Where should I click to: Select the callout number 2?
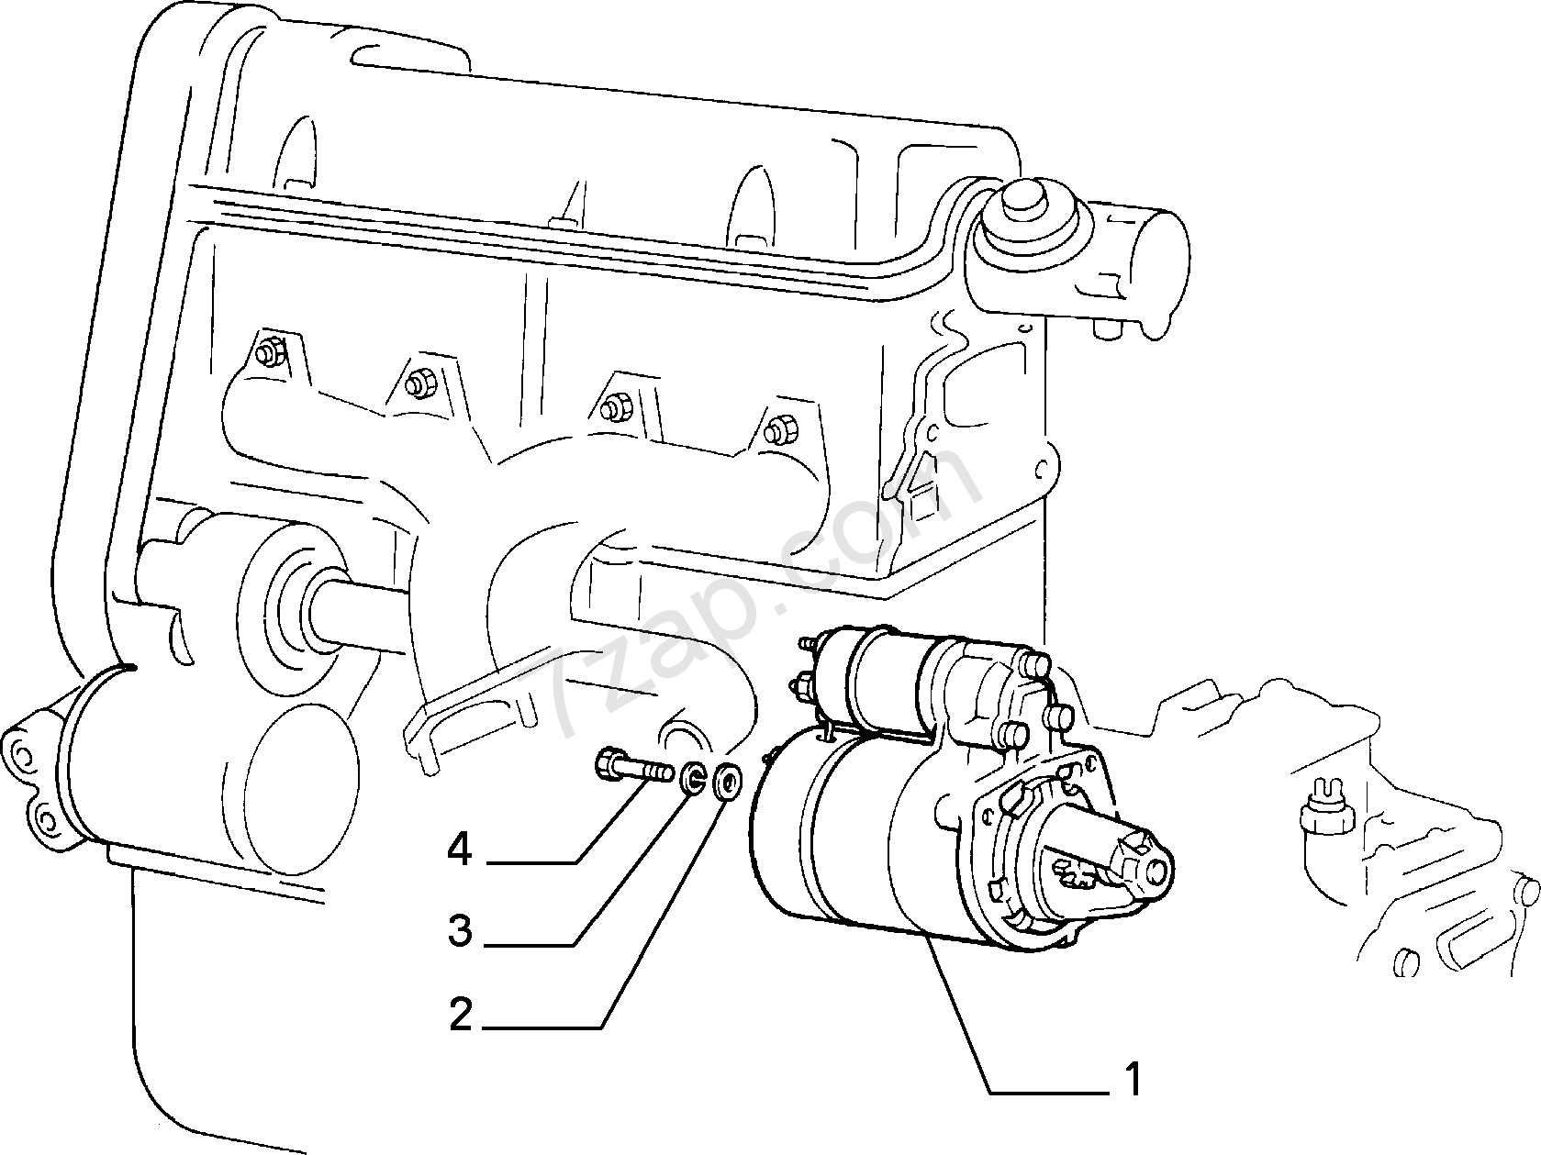point(460,1015)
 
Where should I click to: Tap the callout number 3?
point(460,931)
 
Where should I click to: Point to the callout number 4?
point(460,850)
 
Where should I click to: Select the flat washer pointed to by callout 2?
point(725,781)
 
